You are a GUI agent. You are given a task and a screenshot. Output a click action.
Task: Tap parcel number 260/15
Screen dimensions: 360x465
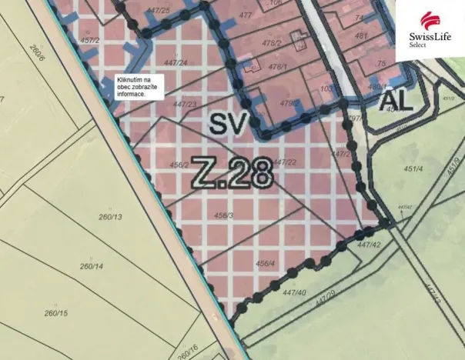tap(55, 313)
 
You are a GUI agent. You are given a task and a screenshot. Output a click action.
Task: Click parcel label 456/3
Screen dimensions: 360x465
tap(224, 215)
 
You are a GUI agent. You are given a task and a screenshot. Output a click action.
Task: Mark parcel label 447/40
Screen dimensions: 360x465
tap(294, 292)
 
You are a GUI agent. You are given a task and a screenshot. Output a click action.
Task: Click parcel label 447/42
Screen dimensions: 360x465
tap(370, 245)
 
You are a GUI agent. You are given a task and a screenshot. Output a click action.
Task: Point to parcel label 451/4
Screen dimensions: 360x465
tap(413, 169)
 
